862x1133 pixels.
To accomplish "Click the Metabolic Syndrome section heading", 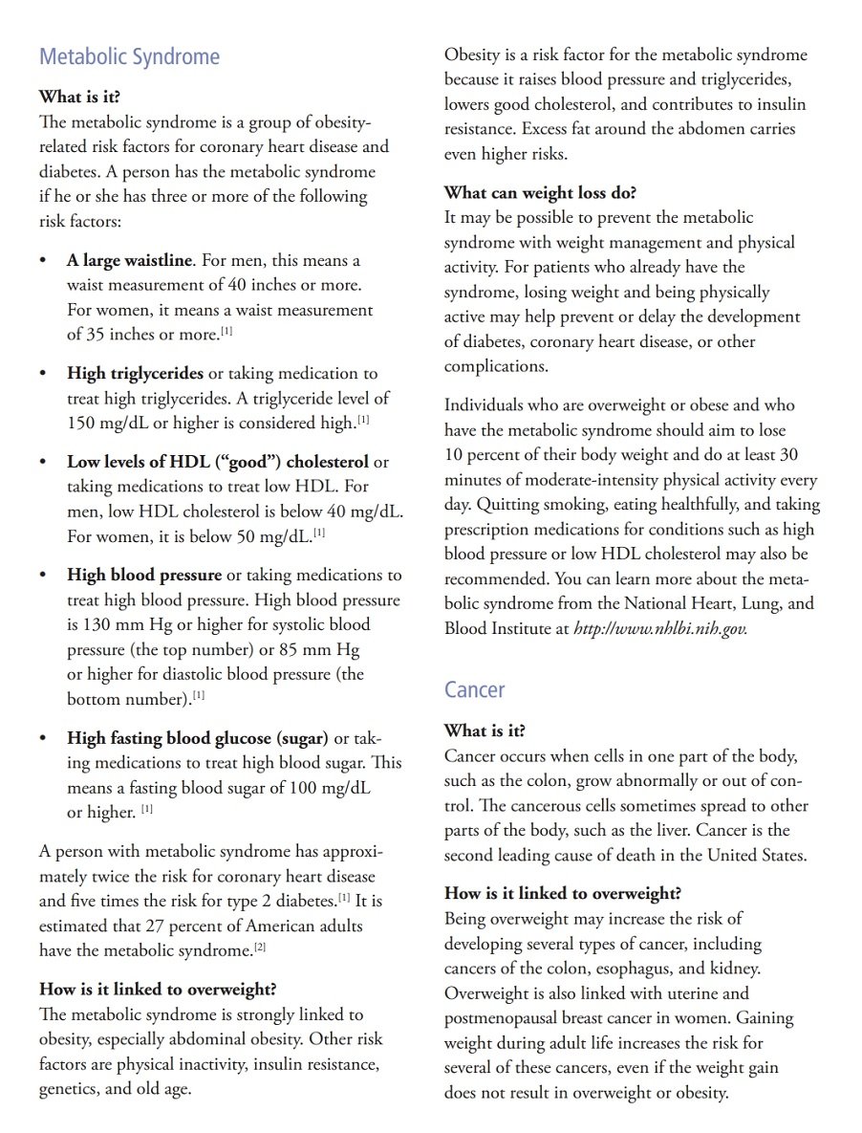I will coord(129,57).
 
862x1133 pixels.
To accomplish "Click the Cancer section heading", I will coord(475,690).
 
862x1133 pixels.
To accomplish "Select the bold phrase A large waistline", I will coord(130,260).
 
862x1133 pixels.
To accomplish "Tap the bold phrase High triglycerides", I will coord(135,374).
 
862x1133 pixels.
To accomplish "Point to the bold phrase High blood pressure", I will coord(143,576).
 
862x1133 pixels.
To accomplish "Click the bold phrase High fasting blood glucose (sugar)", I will coord(197,738).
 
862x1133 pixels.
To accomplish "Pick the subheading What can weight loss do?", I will coord(540,192).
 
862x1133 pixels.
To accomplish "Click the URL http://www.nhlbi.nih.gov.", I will coord(660,629).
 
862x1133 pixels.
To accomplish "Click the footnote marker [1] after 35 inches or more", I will coord(226,332).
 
